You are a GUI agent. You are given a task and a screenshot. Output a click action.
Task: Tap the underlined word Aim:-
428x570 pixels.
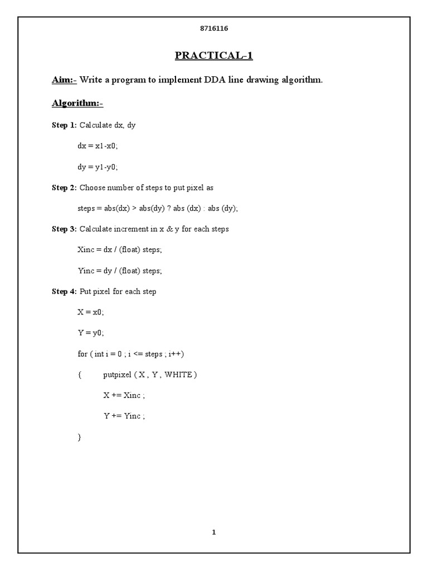click(x=64, y=80)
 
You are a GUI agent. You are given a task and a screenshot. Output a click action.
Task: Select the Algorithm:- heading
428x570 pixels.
click(x=77, y=104)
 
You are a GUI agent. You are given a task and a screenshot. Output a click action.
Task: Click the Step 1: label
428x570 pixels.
click(x=64, y=125)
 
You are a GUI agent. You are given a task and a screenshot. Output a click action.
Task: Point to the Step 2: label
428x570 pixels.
click(x=64, y=188)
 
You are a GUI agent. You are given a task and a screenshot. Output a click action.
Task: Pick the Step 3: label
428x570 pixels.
click(x=64, y=229)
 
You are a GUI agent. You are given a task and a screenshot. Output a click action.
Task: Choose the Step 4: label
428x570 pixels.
click(x=64, y=292)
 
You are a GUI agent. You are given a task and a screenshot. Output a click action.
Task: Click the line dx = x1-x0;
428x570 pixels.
click(x=98, y=146)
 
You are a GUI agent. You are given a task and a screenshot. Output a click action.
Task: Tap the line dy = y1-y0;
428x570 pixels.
click(x=98, y=166)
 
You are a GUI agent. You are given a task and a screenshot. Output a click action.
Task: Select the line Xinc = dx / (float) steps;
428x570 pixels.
click(x=120, y=250)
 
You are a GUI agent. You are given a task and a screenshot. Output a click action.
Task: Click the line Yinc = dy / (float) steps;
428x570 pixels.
click(x=120, y=271)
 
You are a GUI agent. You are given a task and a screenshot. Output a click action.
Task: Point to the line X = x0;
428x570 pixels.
click(x=91, y=312)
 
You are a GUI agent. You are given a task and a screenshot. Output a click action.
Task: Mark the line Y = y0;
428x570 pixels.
click(x=91, y=333)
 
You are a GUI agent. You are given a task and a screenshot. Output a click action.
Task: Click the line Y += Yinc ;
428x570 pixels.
click(x=124, y=416)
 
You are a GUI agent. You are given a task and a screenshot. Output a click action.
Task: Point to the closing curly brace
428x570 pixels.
click(x=79, y=438)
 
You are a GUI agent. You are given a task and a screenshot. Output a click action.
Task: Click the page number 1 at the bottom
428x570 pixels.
click(x=213, y=532)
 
